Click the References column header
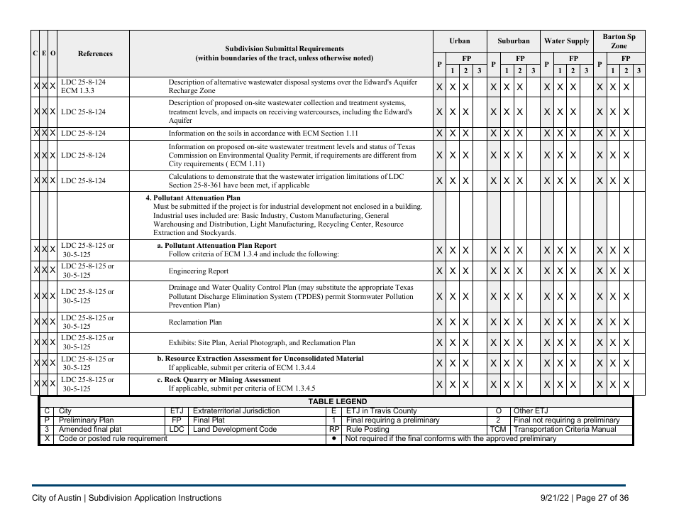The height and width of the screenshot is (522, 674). pos(95,53)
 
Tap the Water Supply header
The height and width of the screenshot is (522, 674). pos(566,41)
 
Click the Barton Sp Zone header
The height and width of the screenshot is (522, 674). pos(619,40)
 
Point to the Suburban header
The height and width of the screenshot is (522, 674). pos(513,41)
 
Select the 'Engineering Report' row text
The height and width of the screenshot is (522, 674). pos(198,271)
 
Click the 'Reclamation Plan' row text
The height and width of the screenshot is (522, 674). pos(195,322)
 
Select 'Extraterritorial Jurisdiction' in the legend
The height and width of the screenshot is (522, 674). pos(236,411)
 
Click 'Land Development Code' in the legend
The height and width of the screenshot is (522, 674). pos(235,430)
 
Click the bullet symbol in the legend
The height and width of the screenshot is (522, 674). pos(333,439)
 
